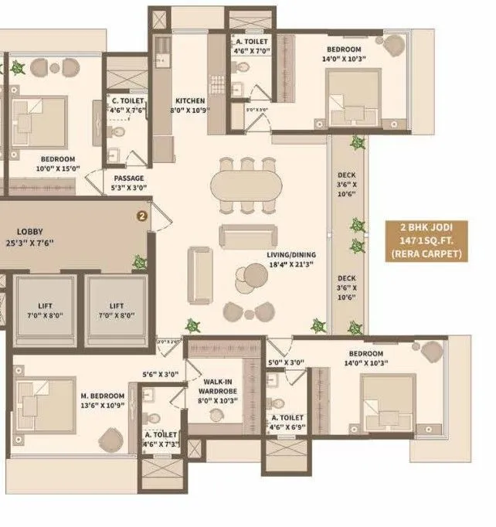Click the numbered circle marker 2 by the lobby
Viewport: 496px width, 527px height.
(141, 217)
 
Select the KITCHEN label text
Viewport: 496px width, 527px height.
(189, 101)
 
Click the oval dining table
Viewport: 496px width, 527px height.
(247, 185)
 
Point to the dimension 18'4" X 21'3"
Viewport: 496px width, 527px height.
(292, 265)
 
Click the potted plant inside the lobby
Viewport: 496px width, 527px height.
(140, 262)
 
